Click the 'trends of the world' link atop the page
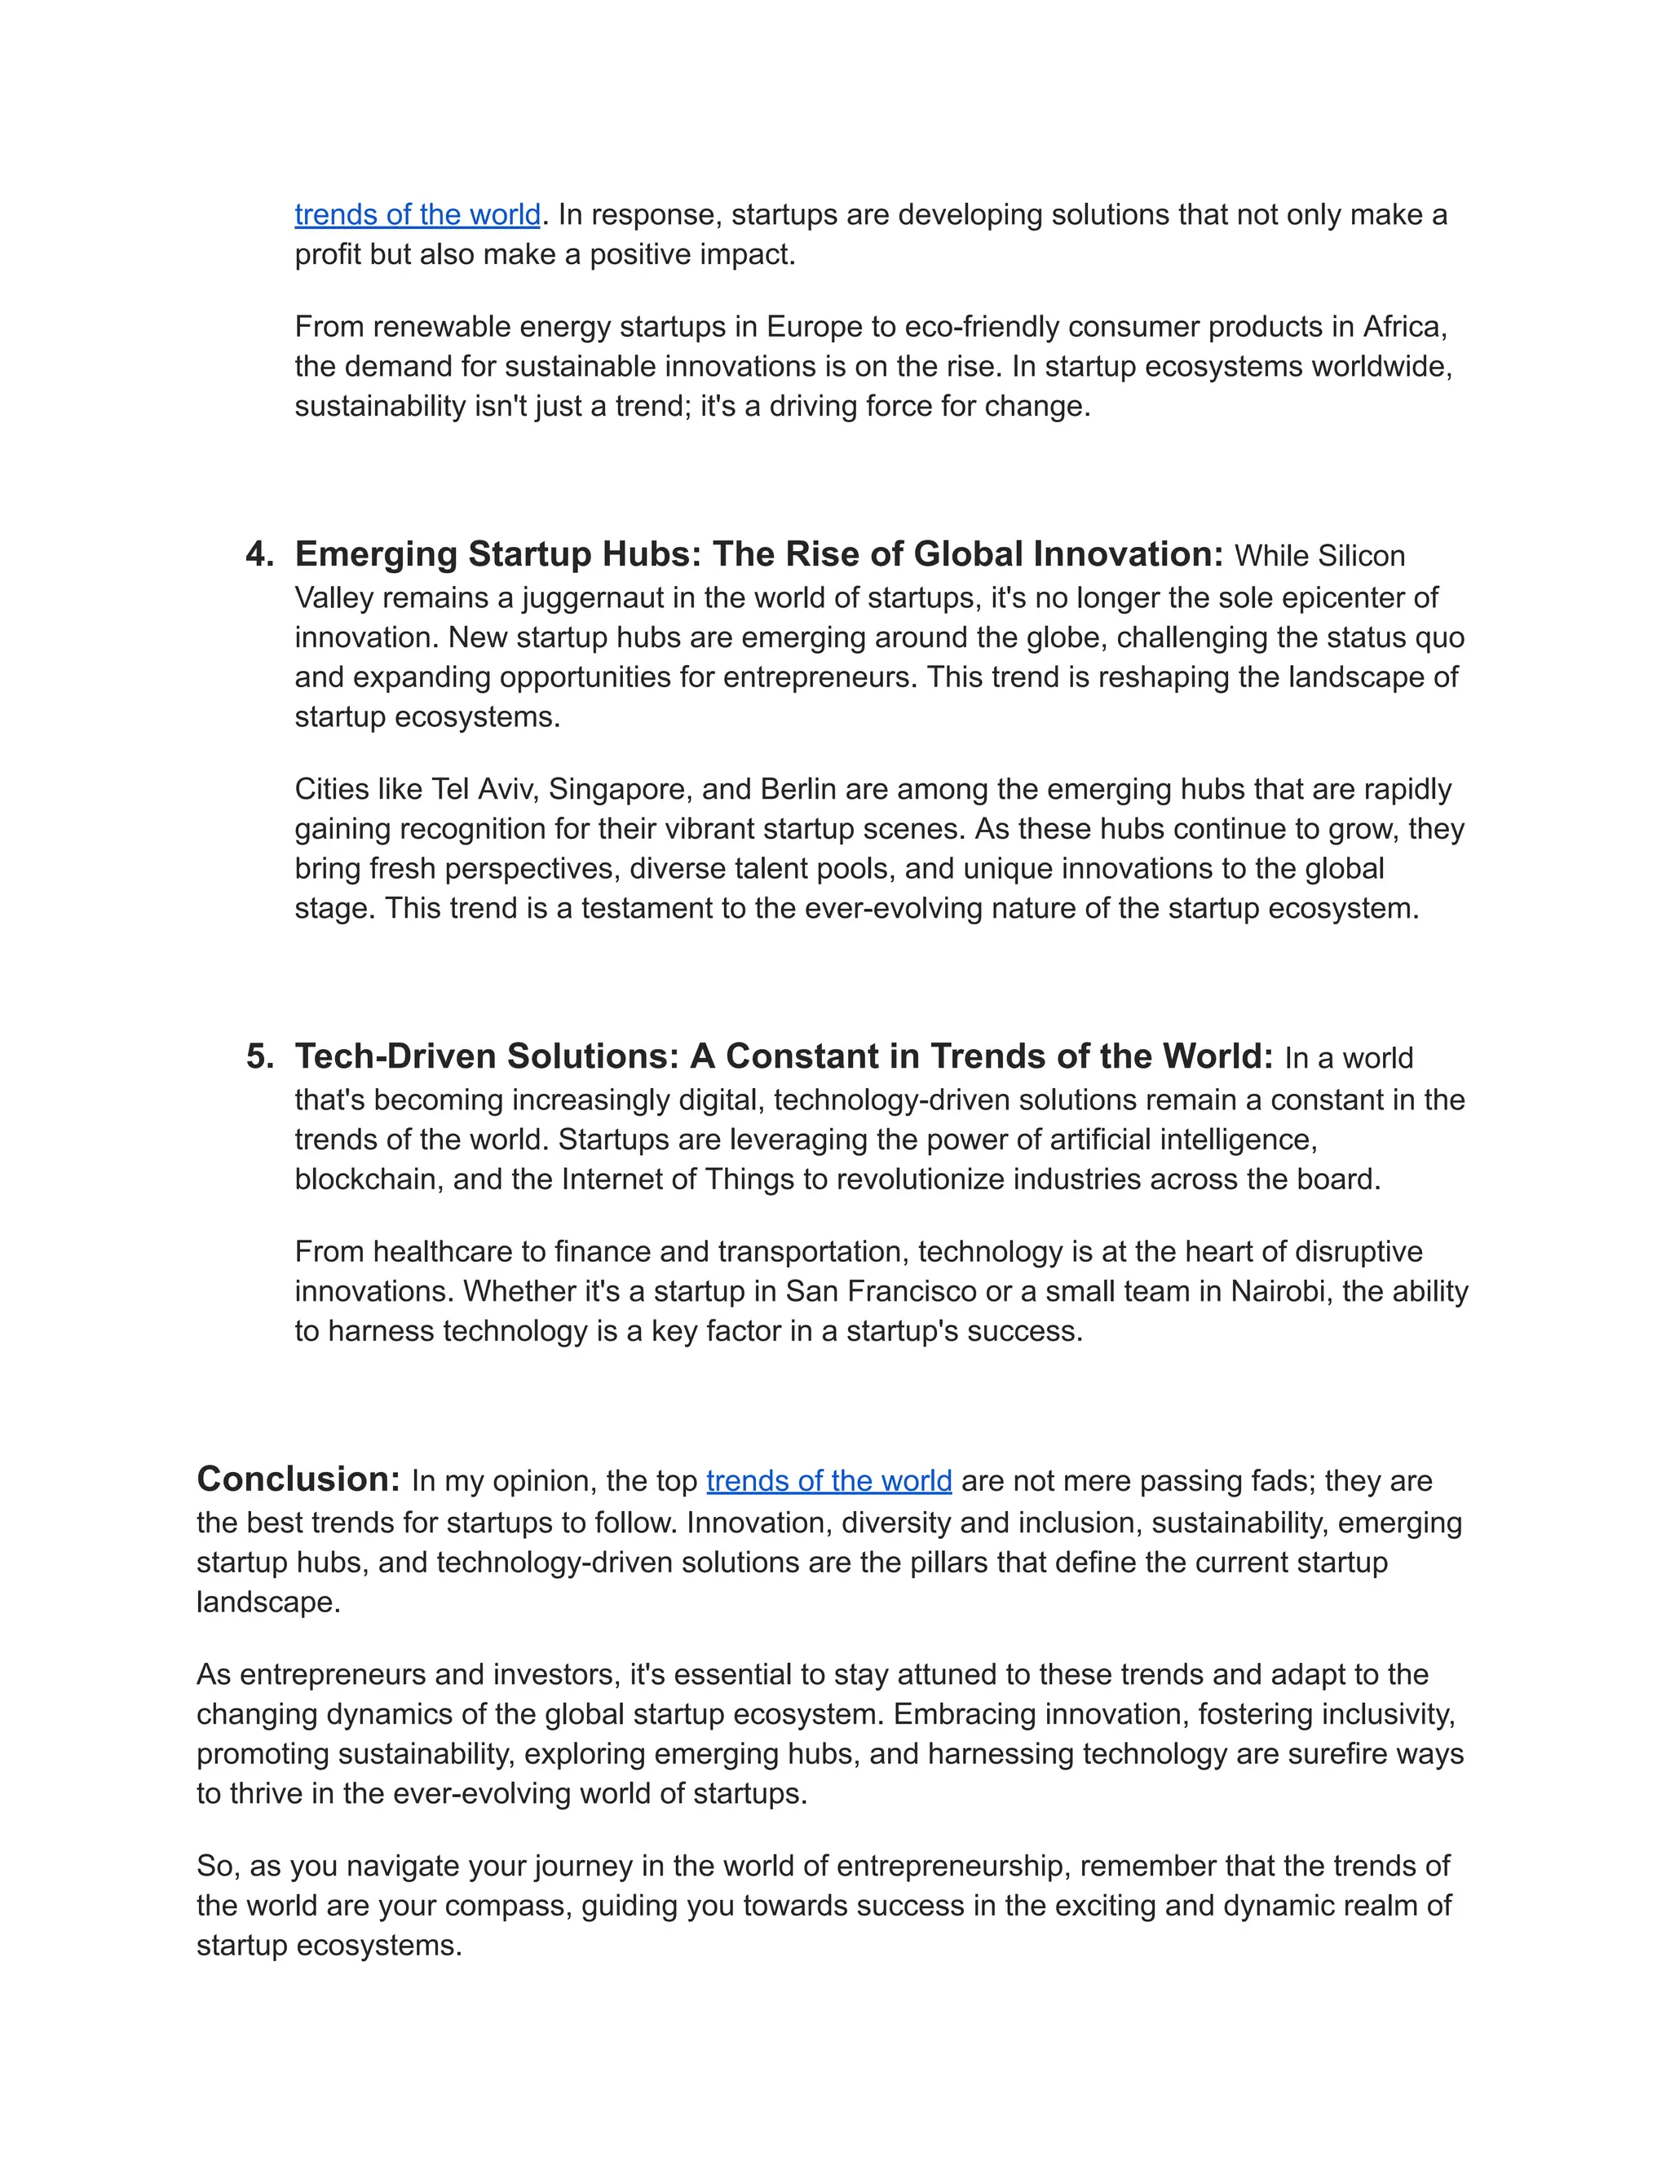point(417,214)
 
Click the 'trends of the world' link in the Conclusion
point(828,1480)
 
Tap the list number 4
point(259,553)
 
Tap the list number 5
point(259,1056)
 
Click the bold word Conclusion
point(297,1479)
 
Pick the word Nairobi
point(1277,1292)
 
